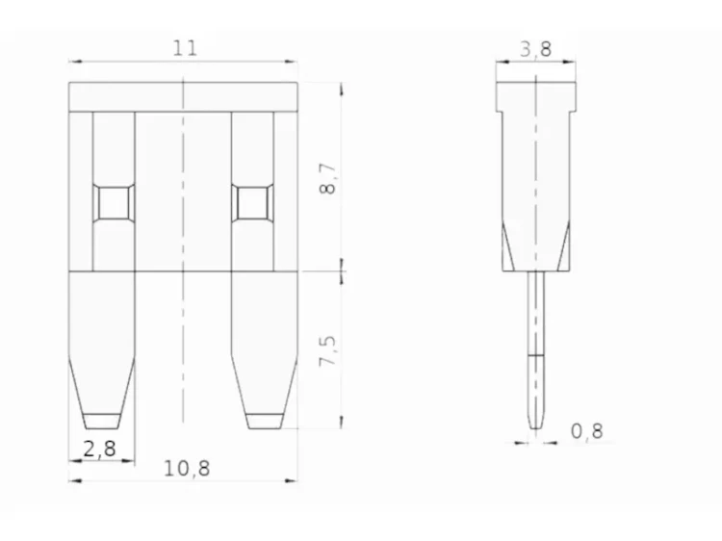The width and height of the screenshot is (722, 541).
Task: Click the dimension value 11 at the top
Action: (185, 48)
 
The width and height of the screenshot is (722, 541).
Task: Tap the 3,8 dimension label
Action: (535, 49)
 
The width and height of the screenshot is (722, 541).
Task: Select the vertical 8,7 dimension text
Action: (328, 179)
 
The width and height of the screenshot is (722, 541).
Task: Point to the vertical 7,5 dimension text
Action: (328, 350)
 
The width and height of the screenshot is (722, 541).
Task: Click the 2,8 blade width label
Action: (99, 449)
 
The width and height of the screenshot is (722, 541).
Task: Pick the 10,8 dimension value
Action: (187, 469)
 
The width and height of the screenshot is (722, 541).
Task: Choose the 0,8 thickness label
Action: (586, 431)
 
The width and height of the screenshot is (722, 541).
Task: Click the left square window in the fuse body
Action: (114, 202)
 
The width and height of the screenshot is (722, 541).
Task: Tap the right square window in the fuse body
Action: (252, 202)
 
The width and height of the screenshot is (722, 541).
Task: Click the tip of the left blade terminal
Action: (101, 428)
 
